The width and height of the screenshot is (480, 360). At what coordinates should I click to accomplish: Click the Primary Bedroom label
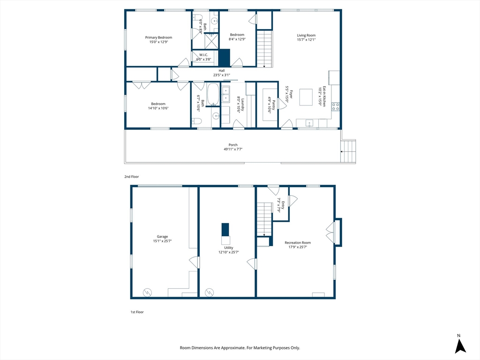pyautogui.click(x=158, y=37)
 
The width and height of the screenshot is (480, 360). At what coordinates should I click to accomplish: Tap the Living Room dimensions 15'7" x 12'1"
pyautogui.click(x=306, y=39)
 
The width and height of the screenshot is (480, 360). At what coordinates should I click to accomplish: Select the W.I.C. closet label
pyautogui.click(x=203, y=55)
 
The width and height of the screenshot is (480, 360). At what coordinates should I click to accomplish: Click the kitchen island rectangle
pyautogui.click(x=306, y=97)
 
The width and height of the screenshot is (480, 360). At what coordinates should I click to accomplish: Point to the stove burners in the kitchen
pyautogui.click(x=336, y=106)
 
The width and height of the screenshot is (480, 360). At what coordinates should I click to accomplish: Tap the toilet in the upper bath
pyautogui.click(x=196, y=18)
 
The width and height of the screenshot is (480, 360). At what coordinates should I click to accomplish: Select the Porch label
pyautogui.click(x=233, y=145)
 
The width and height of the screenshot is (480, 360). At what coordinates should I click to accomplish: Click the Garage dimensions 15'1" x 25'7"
pyautogui.click(x=162, y=241)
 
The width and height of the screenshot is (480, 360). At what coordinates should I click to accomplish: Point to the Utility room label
pyautogui.click(x=229, y=248)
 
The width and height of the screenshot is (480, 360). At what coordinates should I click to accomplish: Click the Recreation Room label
pyautogui.click(x=298, y=243)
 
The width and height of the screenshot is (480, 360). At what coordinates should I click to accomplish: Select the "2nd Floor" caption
pyautogui.click(x=132, y=177)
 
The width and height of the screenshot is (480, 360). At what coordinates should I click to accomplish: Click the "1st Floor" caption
pyautogui.click(x=137, y=312)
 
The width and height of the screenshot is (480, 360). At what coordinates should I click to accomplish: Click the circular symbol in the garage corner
pyautogui.click(x=147, y=292)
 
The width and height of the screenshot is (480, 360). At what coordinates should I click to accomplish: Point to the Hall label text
pyautogui.click(x=222, y=71)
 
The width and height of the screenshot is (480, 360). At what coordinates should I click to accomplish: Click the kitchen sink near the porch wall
pyautogui.click(x=309, y=123)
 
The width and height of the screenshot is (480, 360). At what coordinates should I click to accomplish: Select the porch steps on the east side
pyautogui.click(x=348, y=151)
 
